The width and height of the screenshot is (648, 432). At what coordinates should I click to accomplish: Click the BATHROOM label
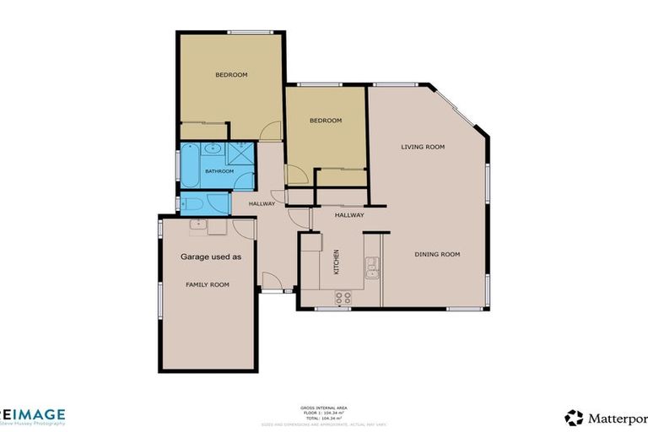coord(219,171)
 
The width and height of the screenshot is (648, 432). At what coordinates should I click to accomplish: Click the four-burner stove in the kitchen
coord(343,298)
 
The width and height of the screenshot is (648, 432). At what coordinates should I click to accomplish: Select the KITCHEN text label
coord(337,262)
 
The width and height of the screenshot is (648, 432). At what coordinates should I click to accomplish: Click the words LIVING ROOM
coord(422,147)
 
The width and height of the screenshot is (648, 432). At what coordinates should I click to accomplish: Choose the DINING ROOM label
coord(437,254)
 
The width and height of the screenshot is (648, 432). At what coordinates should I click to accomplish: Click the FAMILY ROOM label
coord(208,285)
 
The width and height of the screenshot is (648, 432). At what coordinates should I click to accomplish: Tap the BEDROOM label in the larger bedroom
coord(231,75)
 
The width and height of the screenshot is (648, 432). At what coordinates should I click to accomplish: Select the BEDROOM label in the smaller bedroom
coord(326,121)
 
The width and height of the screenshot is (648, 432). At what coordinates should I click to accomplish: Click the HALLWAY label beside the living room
coord(348,215)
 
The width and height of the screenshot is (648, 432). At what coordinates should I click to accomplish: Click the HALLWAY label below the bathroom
coord(262,203)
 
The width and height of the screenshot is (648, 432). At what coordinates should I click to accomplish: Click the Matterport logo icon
coord(574,418)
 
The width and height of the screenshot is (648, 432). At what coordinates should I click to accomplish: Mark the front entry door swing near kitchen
coord(272,282)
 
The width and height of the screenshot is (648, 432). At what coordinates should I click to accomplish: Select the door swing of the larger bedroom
coord(270,132)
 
